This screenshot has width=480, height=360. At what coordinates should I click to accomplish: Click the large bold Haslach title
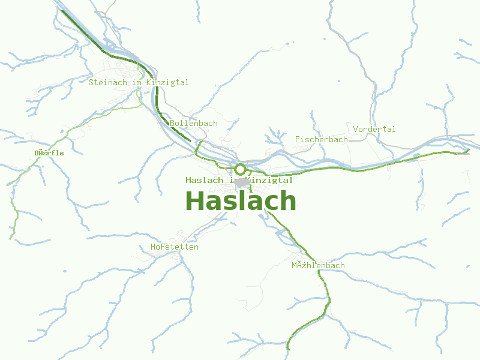[x=241, y=201]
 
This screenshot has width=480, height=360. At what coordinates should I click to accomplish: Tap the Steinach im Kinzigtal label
[x=139, y=82]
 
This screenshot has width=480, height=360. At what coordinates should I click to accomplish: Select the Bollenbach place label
[x=194, y=123]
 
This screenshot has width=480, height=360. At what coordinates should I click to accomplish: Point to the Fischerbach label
[x=321, y=139]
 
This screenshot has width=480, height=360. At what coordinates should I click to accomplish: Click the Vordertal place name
[x=374, y=129]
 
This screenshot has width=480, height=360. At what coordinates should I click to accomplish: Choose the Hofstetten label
[x=175, y=247]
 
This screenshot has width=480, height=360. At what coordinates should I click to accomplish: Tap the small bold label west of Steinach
[x=49, y=153]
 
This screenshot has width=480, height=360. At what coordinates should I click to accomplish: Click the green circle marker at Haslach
[x=240, y=169]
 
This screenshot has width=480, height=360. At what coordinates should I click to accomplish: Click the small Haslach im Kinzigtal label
[x=239, y=180]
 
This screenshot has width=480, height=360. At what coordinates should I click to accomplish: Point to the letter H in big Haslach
[x=196, y=201]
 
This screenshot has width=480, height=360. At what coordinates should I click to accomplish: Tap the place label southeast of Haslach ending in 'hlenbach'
[x=318, y=265]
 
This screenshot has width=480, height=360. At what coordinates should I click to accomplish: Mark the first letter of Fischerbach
[x=298, y=139]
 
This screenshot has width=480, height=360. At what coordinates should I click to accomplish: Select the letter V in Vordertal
[x=356, y=129]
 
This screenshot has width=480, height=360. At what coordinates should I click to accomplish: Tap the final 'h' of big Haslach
[x=288, y=201]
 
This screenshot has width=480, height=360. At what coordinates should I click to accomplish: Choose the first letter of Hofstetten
[x=154, y=247]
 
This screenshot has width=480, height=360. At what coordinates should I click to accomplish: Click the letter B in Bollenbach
[x=173, y=123]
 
